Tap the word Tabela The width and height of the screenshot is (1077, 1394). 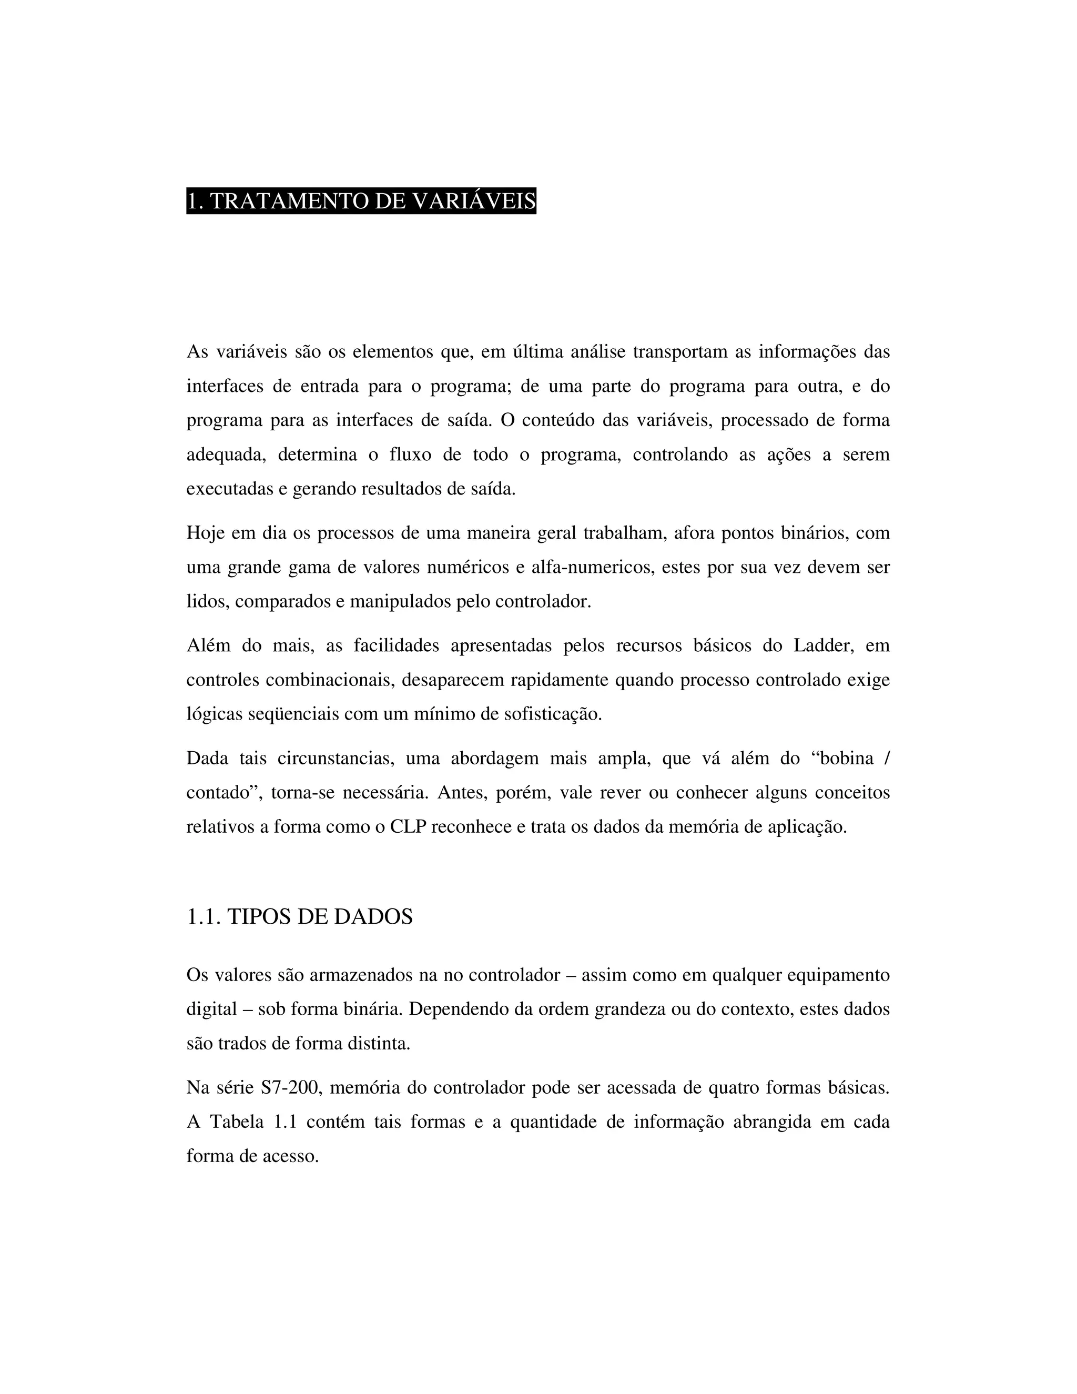click(237, 1122)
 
